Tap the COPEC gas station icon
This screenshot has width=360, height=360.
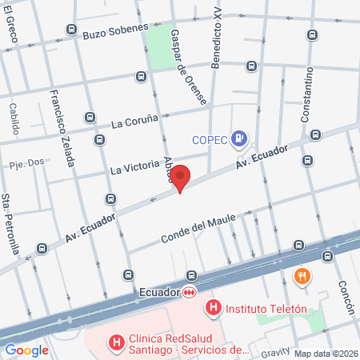click(x=238, y=139)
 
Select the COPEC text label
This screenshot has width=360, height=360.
click(x=210, y=140)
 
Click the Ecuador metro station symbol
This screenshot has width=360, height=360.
click(x=190, y=293)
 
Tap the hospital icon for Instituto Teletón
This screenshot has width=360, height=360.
click(x=214, y=307)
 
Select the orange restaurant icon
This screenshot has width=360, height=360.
click(x=302, y=277)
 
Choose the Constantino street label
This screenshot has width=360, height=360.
click(x=307, y=94)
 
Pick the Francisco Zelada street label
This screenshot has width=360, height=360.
click(x=62, y=127)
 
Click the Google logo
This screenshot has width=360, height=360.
click(x=26, y=350)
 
